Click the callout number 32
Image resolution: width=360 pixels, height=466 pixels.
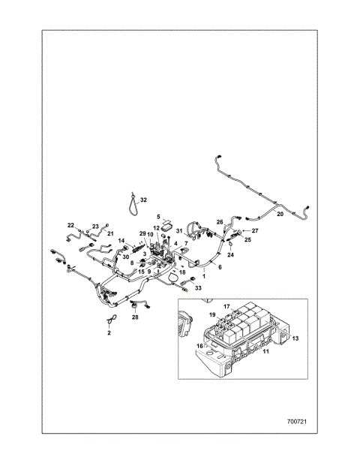144,200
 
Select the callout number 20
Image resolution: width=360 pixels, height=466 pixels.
280,215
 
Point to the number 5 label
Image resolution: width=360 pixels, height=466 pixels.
158,216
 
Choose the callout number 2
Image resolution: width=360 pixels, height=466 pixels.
109,332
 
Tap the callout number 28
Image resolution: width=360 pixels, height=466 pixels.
135,318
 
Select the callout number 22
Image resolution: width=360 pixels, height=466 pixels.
71,225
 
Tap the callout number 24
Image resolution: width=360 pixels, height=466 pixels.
231,255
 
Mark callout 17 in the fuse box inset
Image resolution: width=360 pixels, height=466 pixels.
226,306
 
